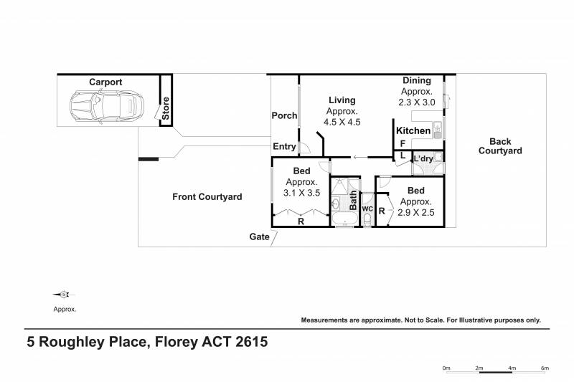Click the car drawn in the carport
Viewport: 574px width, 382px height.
pyautogui.click(x=107, y=107)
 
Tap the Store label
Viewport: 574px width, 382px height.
pyautogui.click(x=166, y=108)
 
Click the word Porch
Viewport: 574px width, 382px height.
pyautogui.click(x=284, y=115)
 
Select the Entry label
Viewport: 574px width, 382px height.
pyautogui.click(x=284, y=146)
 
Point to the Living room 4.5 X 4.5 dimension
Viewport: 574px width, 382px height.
pyautogui.click(x=342, y=122)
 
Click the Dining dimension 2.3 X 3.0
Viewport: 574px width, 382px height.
pyautogui.click(x=417, y=102)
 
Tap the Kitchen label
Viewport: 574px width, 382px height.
pyautogui.click(x=413, y=130)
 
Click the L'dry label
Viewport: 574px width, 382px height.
pyautogui.click(x=423, y=158)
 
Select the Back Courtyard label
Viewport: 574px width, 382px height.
pyautogui.click(x=500, y=146)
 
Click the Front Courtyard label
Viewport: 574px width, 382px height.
pyautogui.click(x=207, y=196)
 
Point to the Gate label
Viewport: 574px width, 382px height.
pyautogui.click(x=259, y=237)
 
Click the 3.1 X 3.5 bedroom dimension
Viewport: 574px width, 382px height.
pyautogui.click(x=301, y=193)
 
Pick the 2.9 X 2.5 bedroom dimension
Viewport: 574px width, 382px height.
pyautogui.click(x=416, y=212)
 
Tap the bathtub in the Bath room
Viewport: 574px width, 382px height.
pyautogui.click(x=344, y=219)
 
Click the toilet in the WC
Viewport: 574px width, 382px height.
pyautogui.click(x=367, y=220)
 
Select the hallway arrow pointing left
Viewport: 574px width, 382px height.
pyautogui.click(x=360, y=158)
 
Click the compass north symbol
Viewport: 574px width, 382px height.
pyautogui.click(x=64, y=295)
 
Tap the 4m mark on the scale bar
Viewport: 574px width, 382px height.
pyautogui.click(x=512, y=368)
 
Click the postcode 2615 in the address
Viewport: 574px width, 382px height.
pyautogui.click(x=252, y=342)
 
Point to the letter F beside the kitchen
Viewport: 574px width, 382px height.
pyautogui.click(x=403, y=143)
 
